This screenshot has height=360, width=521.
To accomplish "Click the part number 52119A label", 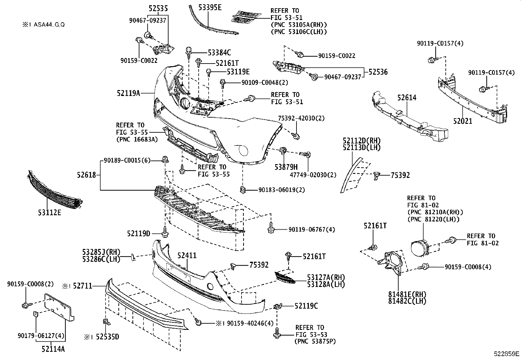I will point(128,93).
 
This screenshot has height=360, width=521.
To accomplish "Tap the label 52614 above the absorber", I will point(407,97).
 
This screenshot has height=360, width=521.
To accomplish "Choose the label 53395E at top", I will point(210,7).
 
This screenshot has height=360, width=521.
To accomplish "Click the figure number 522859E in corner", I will point(507,354).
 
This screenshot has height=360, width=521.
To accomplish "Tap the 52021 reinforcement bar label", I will point(463,121).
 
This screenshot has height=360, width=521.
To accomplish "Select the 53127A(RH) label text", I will point(326,277).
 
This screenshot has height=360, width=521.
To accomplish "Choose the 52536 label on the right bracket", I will point(378,72).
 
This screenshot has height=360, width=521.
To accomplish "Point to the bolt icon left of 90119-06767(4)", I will point(271,228).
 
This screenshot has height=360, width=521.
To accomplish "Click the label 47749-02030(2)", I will point(313,175).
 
